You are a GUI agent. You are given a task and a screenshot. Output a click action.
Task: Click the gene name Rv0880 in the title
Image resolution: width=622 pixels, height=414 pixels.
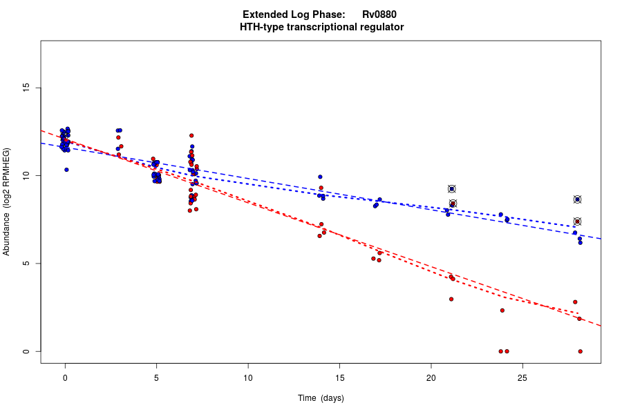(379, 14)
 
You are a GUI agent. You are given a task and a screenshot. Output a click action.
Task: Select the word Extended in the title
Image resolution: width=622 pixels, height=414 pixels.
(263, 14)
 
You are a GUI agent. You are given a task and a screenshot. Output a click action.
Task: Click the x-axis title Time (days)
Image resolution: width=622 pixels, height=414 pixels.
(321, 398)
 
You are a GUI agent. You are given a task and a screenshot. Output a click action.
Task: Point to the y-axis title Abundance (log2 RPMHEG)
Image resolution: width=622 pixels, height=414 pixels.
(7, 201)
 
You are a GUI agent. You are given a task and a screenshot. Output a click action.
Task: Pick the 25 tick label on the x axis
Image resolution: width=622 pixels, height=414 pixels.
(522, 377)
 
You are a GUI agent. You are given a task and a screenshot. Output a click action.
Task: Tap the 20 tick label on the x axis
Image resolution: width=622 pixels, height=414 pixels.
(431, 377)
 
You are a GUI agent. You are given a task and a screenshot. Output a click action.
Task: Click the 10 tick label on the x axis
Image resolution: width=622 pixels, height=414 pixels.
(248, 377)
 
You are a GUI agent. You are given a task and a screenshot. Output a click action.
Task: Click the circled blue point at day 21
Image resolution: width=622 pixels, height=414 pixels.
(452, 189)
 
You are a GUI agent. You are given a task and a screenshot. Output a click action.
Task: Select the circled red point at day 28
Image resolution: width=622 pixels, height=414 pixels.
(578, 221)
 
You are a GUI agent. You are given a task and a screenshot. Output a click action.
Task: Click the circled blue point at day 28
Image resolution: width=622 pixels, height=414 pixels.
(578, 199)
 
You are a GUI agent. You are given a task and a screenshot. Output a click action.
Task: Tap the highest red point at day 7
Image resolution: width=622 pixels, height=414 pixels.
(191, 135)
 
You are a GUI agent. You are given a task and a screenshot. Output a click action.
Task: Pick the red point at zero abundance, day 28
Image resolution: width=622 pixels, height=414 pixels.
(581, 351)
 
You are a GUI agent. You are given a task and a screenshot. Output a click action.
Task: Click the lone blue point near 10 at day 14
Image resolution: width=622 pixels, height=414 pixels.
(320, 177)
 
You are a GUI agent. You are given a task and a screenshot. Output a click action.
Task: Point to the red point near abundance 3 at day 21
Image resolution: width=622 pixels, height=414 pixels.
(451, 299)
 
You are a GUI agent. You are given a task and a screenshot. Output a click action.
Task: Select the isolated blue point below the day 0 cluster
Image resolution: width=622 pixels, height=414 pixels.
(66, 170)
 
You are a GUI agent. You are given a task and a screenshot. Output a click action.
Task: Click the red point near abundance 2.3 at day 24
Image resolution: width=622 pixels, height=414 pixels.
(502, 310)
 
